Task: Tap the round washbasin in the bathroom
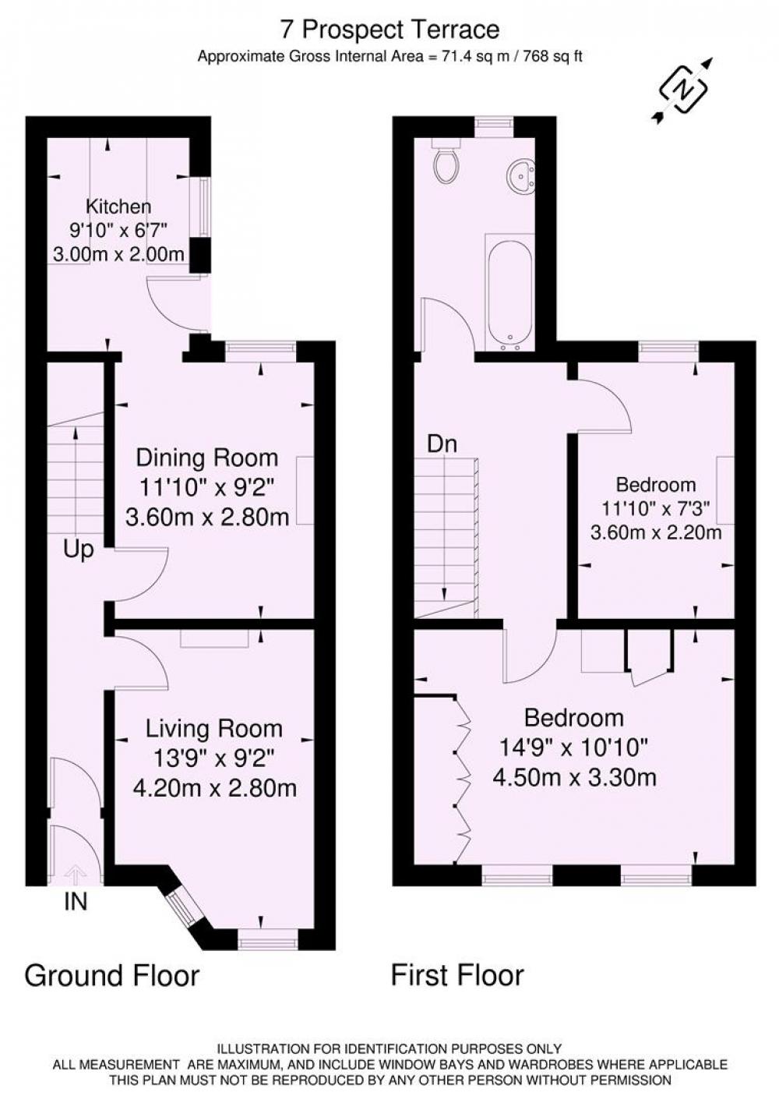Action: [520, 175]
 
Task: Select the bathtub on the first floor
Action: [509, 292]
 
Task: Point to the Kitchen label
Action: [118, 207]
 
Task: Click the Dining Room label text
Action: [207, 458]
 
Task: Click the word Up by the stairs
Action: [79, 550]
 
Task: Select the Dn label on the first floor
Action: [442, 444]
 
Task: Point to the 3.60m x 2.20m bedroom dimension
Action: [656, 532]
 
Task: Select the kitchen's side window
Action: [201, 207]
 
